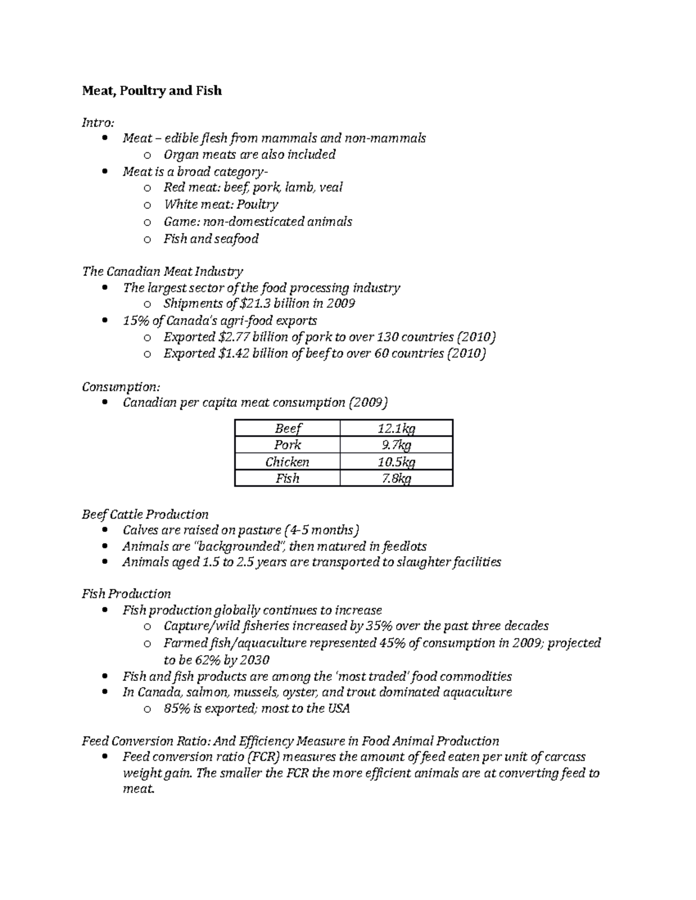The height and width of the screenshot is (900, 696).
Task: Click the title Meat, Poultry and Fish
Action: point(151,91)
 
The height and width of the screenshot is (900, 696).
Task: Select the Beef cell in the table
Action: point(287,428)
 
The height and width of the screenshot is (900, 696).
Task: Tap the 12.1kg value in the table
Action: point(396,428)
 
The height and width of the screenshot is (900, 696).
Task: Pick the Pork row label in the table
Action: point(287,445)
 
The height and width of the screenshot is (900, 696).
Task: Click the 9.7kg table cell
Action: point(396,445)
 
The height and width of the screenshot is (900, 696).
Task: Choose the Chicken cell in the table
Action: point(287,462)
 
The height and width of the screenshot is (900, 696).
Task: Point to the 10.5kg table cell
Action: point(396,462)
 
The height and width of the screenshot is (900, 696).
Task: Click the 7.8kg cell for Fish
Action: point(396,479)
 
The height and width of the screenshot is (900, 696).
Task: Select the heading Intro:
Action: point(98,122)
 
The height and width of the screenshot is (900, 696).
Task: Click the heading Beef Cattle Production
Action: point(145,515)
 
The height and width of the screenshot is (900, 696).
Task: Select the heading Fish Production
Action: point(126,594)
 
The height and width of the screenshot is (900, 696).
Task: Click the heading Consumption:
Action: point(121,387)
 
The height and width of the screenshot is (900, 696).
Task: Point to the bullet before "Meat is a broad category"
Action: point(104,172)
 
